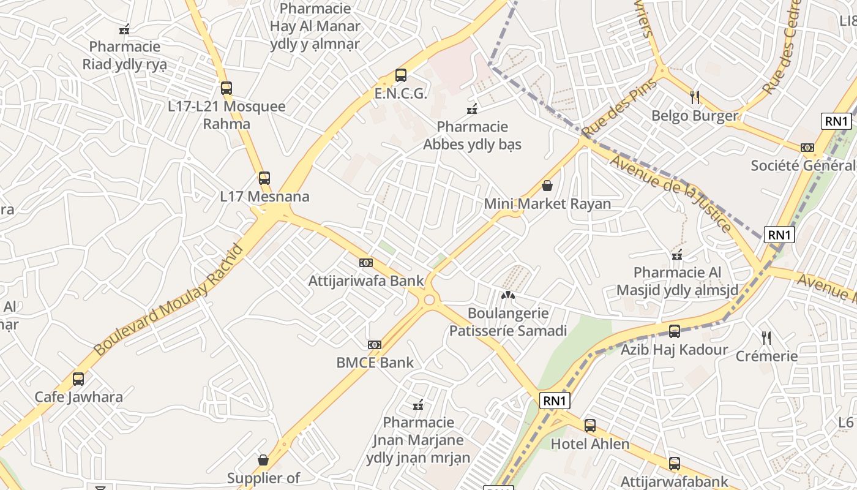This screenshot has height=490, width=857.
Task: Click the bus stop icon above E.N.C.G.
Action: (x=401, y=75)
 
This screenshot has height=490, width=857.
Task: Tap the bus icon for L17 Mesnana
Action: (x=264, y=178)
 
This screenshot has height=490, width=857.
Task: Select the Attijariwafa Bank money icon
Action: (x=366, y=263)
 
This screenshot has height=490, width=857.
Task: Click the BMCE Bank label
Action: (x=375, y=363)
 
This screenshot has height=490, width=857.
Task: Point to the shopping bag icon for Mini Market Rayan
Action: (x=547, y=185)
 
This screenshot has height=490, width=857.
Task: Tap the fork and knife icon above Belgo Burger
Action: (x=695, y=97)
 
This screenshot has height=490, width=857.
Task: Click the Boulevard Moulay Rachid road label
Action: (x=168, y=300)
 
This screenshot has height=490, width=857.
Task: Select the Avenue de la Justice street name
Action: (x=671, y=194)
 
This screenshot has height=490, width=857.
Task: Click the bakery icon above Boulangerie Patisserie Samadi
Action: (x=508, y=295)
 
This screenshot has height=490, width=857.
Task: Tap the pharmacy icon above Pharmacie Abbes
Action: (x=472, y=109)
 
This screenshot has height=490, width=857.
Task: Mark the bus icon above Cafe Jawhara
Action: (x=78, y=379)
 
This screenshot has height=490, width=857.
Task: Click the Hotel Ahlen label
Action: (x=590, y=443)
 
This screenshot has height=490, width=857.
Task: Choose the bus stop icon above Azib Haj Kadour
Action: (x=675, y=331)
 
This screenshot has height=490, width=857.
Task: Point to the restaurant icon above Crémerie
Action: (x=766, y=337)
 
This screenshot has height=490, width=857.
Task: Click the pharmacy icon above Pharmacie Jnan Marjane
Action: (x=419, y=404)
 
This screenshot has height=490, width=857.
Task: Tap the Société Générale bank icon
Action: (x=807, y=148)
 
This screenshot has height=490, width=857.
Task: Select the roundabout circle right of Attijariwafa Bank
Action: (x=429, y=300)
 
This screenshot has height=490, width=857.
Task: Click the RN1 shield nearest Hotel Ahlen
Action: (x=555, y=401)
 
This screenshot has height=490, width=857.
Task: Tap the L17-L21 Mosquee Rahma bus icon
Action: (x=226, y=88)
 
